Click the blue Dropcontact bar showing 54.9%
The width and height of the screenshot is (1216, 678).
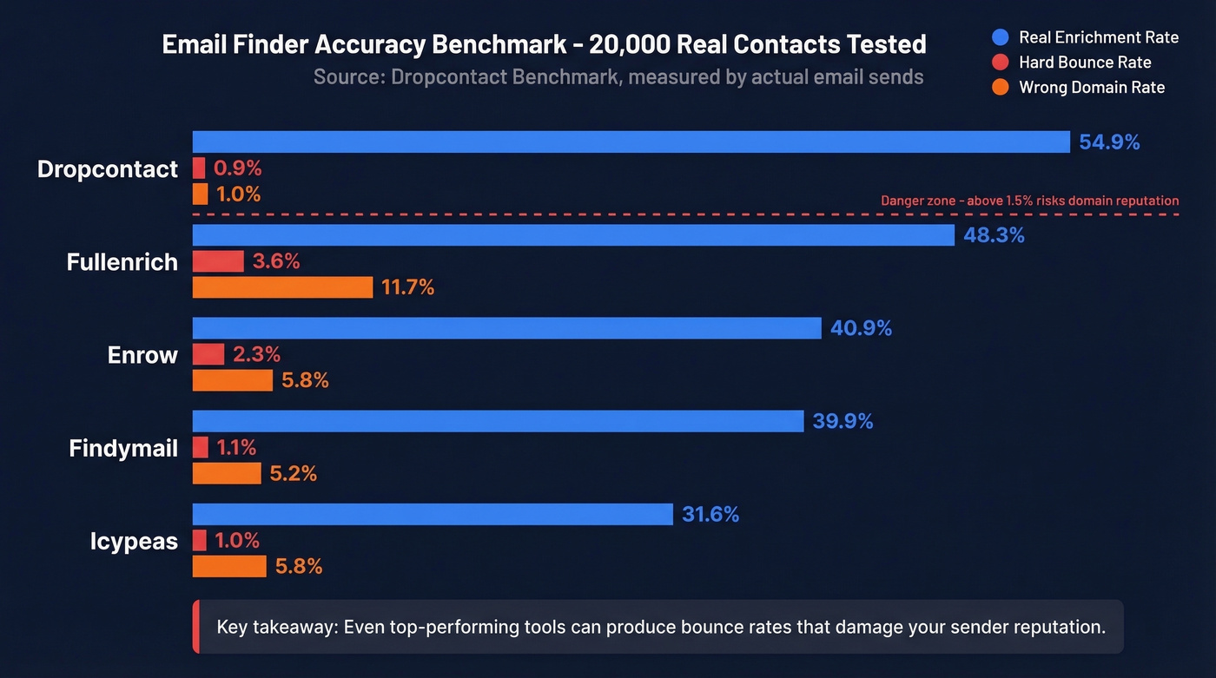[x=631, y=142]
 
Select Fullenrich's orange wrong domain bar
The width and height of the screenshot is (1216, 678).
[x=282, y=287]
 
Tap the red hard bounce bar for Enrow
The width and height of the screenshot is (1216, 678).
[x=208, y=354]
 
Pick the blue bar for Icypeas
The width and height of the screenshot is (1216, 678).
[x=432, y=514]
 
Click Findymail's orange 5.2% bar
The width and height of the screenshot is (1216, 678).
[x=226, y=473]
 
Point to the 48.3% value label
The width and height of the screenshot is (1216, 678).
[x=994, y=235]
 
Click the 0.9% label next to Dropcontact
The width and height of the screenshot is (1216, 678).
[x=238, y=168]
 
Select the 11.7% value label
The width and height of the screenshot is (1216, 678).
[x=407, y=287]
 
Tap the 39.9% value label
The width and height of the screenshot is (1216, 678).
[x=843, y=422]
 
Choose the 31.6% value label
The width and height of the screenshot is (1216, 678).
[x=710, y=515]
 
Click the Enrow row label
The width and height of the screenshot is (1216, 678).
[x=142, y=355]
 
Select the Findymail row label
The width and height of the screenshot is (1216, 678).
[x=123, y=448]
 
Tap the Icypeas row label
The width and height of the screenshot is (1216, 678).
[x=134, y=541]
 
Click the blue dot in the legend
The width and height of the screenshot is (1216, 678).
[x=1000, y=37]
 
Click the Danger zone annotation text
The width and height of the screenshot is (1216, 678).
[x=1029, y=201]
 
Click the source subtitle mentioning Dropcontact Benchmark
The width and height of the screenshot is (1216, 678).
[x=618, y=77]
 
